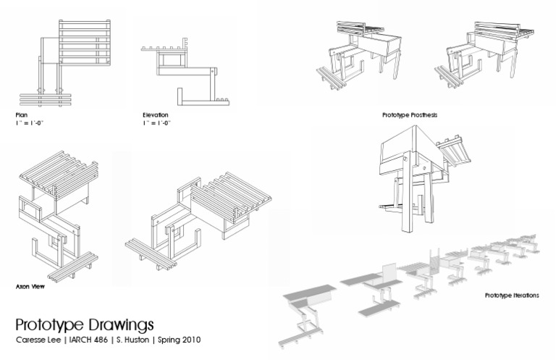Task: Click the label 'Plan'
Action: pos(21,115)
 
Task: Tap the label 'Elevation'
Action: pos(156,115)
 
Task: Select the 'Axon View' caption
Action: pos(30,286)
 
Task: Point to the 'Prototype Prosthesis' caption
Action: pos(410,115)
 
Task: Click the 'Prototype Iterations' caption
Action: pos(512,296)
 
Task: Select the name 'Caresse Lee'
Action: pos(37,339)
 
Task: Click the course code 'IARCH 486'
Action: pos(88,339)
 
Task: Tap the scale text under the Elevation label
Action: pos(158,123)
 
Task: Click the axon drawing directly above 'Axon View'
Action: pos(58,214)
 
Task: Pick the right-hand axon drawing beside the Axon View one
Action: pos(199,214)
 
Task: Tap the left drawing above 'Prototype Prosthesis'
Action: pos(362,58)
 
